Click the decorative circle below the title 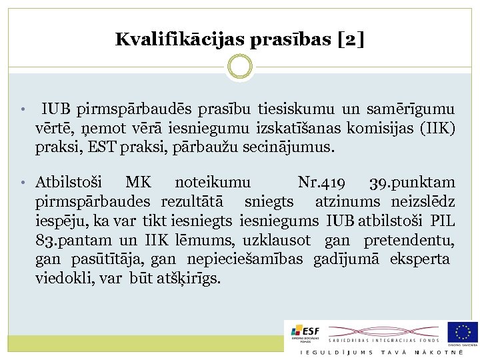(240, 67)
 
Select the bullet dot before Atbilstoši (23, 183)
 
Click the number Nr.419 (322, 183)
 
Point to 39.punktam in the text (413, 183)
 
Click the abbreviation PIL (443, 221)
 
